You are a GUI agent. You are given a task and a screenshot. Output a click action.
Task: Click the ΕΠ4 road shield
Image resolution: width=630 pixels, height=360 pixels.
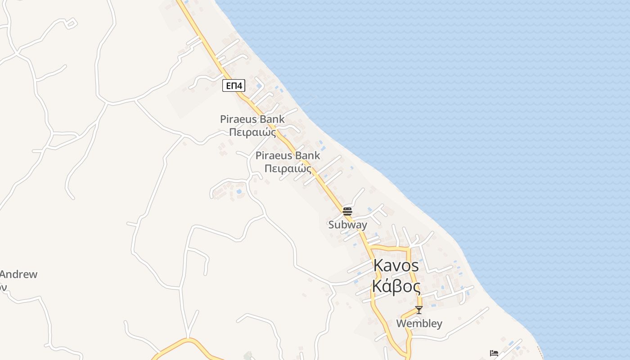(x=234, y=85)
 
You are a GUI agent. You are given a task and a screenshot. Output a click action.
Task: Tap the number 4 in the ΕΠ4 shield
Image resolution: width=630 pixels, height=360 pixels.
(x=241, y=85)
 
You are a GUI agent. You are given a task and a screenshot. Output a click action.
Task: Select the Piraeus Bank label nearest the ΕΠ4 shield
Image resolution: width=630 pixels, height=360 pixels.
(x=252, y=119)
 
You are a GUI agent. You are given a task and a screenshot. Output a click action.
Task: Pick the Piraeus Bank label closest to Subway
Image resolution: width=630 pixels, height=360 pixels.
(x=288, y=156)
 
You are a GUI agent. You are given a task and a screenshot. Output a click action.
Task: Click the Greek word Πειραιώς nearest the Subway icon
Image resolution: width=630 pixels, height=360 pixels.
(x=288, y=169)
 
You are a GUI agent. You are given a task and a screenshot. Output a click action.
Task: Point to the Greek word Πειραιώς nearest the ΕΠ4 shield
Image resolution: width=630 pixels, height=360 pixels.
(x=252, y=133)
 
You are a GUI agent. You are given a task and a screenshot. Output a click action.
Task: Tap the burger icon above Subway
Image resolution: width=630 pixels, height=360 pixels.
(x=347, y=211)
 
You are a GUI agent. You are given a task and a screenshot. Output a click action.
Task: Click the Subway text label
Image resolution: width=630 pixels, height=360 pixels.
(x=347, y=225)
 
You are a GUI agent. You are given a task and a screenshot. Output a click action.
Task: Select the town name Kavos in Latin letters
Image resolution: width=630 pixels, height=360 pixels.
(x=396, y=265)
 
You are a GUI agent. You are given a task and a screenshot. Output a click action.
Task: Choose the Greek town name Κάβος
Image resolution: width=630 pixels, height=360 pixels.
(x=396, y=286)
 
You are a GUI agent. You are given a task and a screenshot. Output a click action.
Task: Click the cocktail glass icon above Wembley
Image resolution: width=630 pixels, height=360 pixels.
(x=419, y=310)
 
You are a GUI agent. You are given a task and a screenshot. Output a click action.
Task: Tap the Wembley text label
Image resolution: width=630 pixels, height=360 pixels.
(x=419, y=324)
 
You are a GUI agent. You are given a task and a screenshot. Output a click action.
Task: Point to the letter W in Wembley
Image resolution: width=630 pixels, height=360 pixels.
(x=401, y=324)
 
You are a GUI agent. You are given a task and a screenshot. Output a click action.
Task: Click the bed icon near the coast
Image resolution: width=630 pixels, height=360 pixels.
(x=494, y=353)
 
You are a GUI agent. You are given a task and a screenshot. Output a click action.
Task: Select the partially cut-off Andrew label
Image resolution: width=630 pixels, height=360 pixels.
(x=18, y=274)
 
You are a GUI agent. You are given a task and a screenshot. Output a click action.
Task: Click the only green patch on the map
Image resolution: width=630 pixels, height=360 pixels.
(x=247, y=355)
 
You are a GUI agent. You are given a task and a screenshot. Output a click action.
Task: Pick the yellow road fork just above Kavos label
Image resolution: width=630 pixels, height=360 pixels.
(x=370, y=248)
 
